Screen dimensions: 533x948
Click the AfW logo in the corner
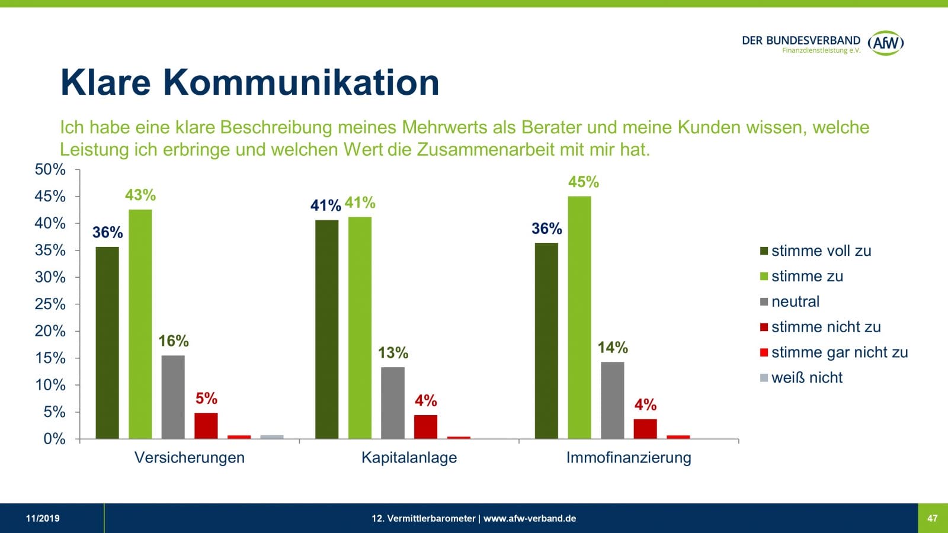[885, 43]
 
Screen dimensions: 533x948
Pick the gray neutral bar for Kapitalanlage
[393, 403]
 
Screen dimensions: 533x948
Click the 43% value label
[140, 195]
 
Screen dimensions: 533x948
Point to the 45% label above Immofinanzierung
[584, 182]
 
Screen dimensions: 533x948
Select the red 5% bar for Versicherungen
[206, 425]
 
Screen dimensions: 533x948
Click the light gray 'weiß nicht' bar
[272, 436]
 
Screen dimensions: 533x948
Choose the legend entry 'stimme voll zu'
[821, 251]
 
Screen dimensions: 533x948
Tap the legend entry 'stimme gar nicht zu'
[838, 352]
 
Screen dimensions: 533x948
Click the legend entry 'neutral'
[795, 301]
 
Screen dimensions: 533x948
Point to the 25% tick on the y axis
[50, 304]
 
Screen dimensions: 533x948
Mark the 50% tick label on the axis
[50, 169]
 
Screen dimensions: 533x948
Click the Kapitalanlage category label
[409, 457]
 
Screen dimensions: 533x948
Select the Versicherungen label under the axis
[190, 457]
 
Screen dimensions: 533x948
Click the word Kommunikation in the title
[301, 82]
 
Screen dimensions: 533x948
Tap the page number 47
[933, 518]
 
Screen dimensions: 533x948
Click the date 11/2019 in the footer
[43, 518]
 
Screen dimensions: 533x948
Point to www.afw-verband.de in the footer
[530, 518]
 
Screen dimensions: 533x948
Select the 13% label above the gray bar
[393, 353]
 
